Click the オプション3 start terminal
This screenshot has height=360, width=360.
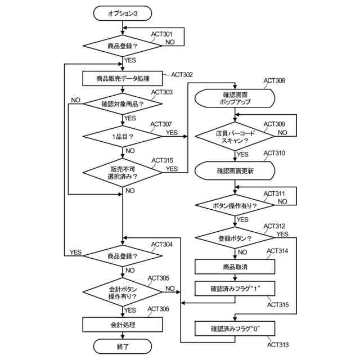pos(123,13)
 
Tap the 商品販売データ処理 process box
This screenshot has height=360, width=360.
pos(123,78)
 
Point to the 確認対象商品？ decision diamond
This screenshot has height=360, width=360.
pos(123,103)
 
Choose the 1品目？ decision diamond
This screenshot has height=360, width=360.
pos(123,136)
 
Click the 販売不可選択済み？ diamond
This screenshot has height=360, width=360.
pos(123,172)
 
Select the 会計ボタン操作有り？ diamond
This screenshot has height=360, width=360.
pos(123,292)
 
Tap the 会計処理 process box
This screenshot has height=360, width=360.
pos(123,325)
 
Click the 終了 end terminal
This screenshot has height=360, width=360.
pos(123,347)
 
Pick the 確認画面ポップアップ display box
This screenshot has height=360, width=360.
pos(235,99)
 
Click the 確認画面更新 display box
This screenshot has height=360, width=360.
pos(235,169)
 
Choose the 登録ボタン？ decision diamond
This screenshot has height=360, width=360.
pos(235,238)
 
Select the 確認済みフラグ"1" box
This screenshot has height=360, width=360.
pos(235,289)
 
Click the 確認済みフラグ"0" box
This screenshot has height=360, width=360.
pos(235,328)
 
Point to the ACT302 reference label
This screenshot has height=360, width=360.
pos(182,74)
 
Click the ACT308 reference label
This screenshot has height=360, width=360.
pos(274,80)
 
